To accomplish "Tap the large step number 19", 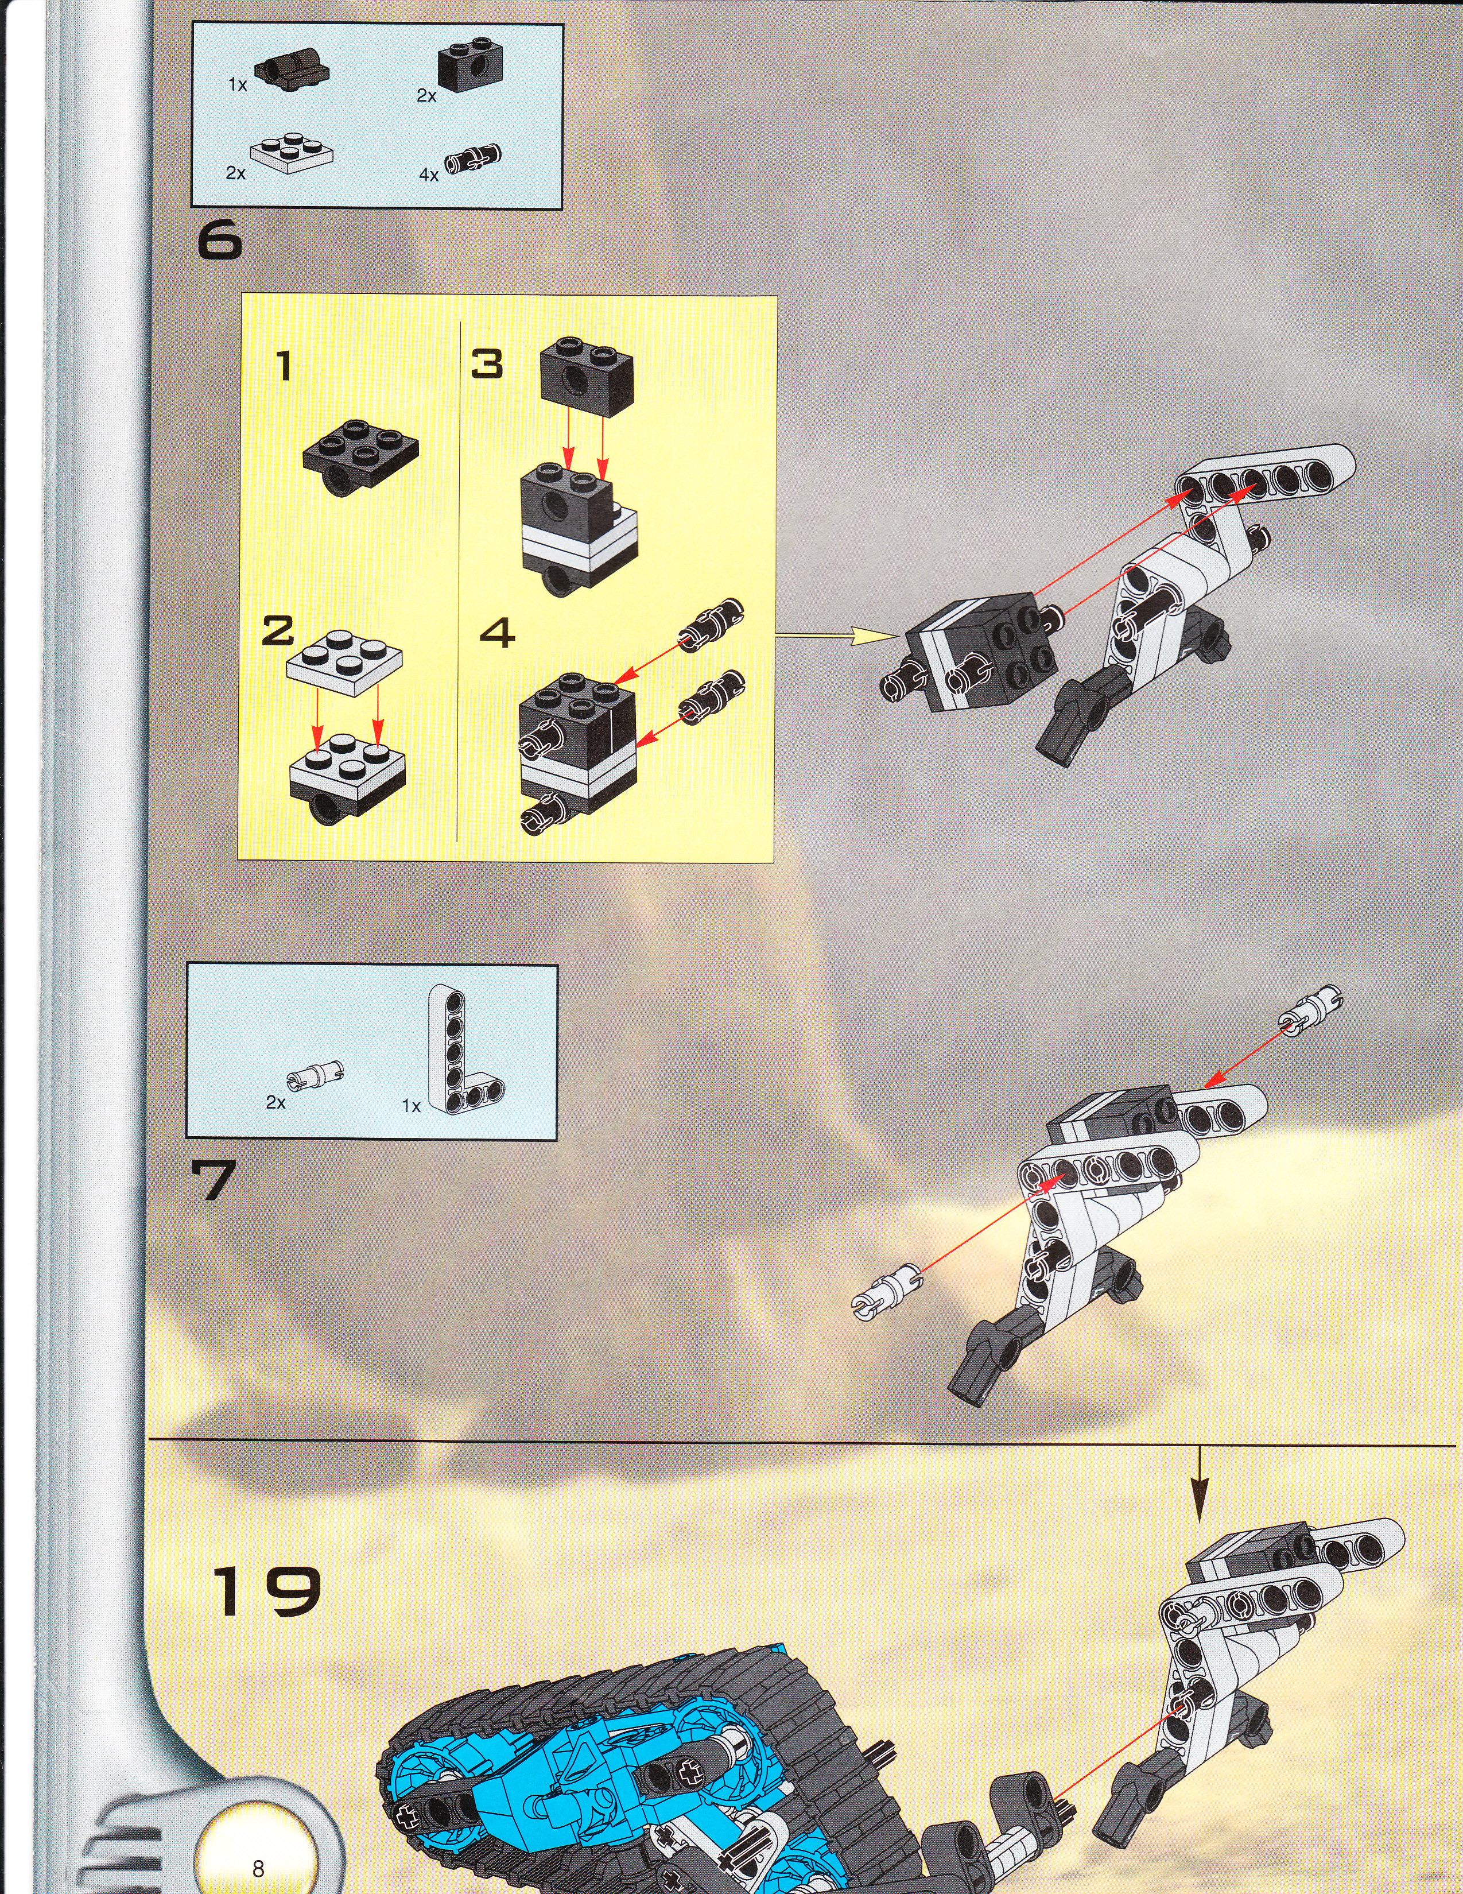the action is click(266, 1591).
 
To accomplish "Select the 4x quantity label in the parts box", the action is click(428, 175).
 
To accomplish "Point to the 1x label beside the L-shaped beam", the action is click(411, 1106).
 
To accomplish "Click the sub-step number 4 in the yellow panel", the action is click(498, 633).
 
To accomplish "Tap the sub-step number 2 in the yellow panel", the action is click(278, 630).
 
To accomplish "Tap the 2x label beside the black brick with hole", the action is click(426, 96).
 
